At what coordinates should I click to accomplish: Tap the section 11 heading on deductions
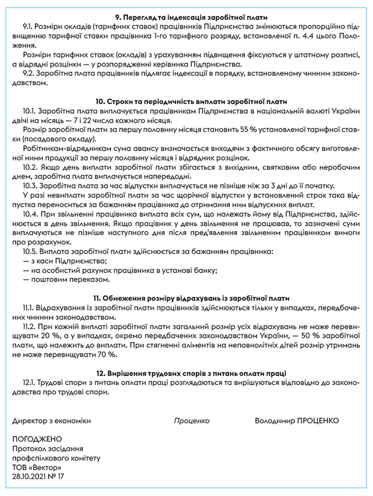click(x=186, y=298)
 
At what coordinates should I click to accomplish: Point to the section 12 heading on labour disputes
click(x=186, y=373)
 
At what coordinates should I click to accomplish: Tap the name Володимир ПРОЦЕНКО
click(x=297, y=420)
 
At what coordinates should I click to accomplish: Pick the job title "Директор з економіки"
click(x=52, y=420)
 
